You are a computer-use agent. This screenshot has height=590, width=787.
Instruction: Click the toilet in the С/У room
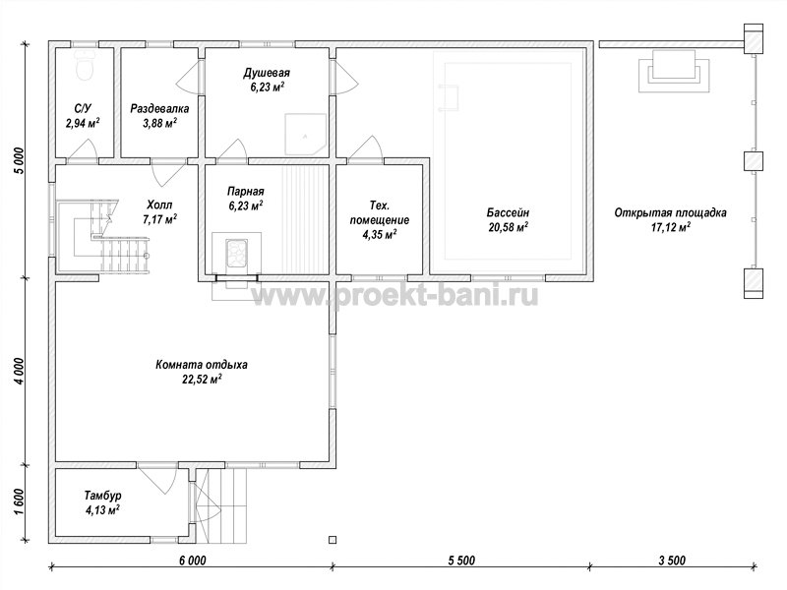[86, 65]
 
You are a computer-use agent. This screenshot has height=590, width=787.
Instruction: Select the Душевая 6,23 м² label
[267, 81]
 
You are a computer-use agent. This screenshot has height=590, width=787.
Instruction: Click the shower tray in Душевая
[305, 135]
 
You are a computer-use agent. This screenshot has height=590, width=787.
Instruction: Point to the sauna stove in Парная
[236, 253]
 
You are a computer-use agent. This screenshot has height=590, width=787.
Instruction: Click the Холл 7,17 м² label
[159, 211]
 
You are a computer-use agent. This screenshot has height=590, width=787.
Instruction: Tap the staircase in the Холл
[104, 236]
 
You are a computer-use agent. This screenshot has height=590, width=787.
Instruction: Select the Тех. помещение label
[380, 219]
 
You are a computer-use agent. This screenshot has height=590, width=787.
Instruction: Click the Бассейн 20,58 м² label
[508, 219]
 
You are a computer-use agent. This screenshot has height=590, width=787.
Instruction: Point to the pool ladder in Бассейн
[449, 96]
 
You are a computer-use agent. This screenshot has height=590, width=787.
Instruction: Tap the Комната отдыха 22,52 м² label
[202, 372]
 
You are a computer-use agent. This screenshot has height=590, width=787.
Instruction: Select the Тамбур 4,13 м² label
[102, 502]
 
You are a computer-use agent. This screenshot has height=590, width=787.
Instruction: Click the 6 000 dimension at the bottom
[192, 560]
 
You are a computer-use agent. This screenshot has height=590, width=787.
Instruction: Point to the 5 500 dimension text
[461, 560]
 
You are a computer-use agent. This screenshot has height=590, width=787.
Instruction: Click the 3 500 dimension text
[672, 560]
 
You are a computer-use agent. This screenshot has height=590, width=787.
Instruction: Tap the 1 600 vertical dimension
[18, 501]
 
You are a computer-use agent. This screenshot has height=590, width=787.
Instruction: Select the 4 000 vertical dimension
[18, 372]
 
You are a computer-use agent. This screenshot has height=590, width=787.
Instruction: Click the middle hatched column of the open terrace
[753, 161]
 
